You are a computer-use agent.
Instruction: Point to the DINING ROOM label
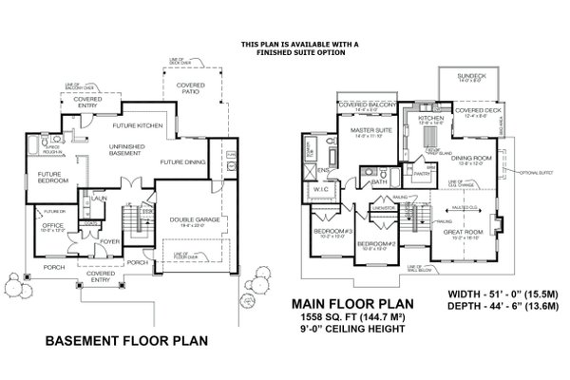[x=470, y=157]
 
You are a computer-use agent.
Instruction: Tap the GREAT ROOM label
[x=462, y=230]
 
